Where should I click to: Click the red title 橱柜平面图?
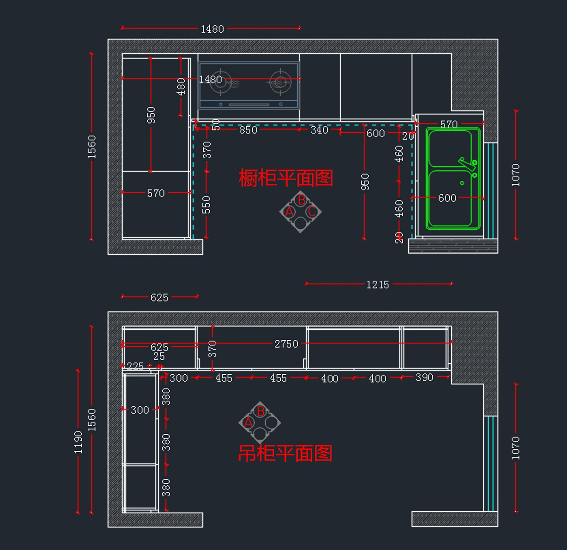[286, 178]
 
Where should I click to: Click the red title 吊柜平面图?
[285, 453]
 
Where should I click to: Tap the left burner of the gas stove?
[221, 82]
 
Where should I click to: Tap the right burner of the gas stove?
[280, 82]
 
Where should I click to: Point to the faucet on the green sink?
[467, 164]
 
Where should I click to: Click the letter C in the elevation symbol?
[312, 212]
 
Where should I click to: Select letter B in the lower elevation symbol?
[260, 412]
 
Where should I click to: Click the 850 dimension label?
[248, 130]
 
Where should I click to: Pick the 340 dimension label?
[319, 130]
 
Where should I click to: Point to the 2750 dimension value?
[286, 344]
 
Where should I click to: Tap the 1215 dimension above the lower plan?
[378, 284]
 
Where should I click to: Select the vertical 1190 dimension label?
[78, 443]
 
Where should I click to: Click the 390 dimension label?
[424, 378]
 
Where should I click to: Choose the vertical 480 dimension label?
[181, 87]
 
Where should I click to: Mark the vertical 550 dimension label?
[206, 205]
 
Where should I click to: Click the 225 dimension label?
[135, 366]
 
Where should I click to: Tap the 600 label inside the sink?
[447, 198]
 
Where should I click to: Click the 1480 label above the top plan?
[213, 29]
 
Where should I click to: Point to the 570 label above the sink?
[449, 124]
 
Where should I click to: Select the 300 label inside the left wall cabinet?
[140, 410]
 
